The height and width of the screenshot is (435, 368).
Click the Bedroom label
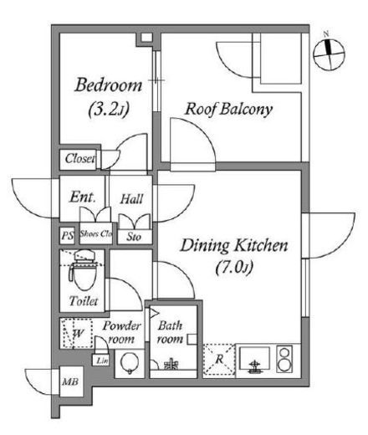[109, 84]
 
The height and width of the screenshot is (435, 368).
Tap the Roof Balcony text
[228, 109]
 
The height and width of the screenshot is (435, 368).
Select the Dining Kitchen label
[234, 245]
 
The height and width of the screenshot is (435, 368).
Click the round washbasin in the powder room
[130, 363]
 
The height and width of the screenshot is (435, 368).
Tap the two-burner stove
[284, 359]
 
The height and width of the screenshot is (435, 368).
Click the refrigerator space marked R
[219, 359]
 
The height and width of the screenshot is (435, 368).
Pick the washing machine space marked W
[77, 333]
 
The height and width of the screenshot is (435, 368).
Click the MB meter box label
[70, 381]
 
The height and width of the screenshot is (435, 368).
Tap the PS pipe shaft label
[68, 236]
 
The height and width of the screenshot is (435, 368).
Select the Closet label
[79, 159]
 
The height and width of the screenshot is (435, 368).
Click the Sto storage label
[134, 237]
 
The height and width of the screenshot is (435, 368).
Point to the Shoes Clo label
[96, 233]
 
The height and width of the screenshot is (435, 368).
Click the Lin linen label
[102, 361]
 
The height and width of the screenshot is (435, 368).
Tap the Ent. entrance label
[82, 197]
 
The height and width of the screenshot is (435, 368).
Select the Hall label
[131, 199]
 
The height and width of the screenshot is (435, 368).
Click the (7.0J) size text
[235, 268]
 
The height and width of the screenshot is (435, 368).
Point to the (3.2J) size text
[109, 110]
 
